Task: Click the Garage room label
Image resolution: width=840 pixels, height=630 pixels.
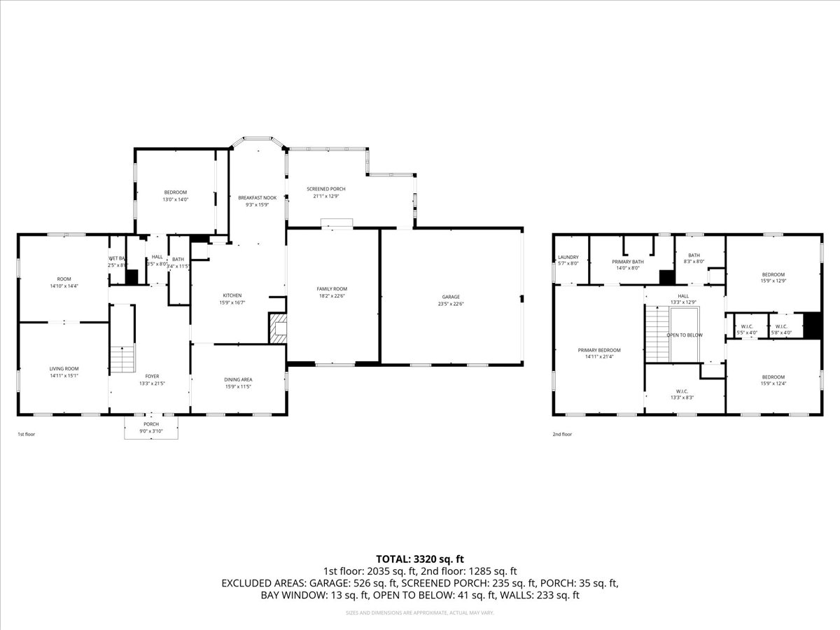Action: (450, 297)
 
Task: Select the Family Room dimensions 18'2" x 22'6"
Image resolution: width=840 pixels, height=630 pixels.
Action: (332, 296)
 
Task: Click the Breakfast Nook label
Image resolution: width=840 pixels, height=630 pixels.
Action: (257, 198)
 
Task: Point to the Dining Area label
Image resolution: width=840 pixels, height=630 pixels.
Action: (238, 379)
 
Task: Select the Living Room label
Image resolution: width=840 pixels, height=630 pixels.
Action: (64, 369)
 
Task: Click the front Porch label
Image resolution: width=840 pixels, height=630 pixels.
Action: (151, 424)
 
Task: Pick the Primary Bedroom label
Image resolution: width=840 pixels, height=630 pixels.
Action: (599, 350)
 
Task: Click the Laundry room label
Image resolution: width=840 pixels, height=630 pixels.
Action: (568, 257)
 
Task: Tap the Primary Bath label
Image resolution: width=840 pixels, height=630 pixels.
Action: (627, 261)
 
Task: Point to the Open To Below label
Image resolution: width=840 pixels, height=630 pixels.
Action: (685, 335)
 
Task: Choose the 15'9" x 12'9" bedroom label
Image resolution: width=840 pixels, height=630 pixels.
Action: (773, 274)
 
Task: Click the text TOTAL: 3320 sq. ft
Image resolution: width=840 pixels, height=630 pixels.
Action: (420, 559)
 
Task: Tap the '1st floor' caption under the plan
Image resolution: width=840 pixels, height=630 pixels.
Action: (27, 434)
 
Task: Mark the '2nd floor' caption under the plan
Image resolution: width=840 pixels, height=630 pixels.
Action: (562, 434)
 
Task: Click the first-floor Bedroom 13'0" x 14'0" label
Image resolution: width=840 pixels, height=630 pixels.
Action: (176, 192)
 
